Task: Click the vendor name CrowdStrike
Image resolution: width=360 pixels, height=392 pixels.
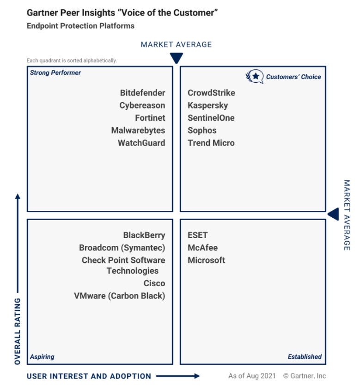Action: (x=211, y=93)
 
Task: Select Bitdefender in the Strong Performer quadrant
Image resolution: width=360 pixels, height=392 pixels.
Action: (x=142, y=93)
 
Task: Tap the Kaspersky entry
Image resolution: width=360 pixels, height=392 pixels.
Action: (x=208, y=105)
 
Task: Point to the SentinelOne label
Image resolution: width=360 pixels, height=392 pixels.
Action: (x=211, y=118)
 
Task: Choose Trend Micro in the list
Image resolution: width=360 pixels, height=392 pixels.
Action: (x=211, y=143)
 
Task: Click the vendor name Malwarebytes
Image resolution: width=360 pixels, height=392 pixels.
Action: (x=138, y=130)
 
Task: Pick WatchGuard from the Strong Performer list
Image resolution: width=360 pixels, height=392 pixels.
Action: (x=141, y=143)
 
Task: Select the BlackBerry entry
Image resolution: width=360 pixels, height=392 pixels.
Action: (x=144, y=235)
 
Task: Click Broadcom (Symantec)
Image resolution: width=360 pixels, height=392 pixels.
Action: (x=122, y=248)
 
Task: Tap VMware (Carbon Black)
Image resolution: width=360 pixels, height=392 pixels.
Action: (x=120, y=296)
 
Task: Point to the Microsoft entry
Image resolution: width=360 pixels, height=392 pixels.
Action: (x=206, y=260)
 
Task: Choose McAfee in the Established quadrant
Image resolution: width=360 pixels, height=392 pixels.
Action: (x=202, y=247)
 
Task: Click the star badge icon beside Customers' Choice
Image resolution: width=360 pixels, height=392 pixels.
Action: (x=255, y=76)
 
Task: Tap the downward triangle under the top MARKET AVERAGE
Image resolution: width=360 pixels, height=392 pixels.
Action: (x=176, y=58)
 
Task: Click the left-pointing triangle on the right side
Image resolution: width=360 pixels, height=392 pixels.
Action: (x=334, y=214)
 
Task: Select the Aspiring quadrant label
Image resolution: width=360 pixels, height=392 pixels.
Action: (x=42, y=357)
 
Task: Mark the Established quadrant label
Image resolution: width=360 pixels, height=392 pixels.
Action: (x=305, y=357)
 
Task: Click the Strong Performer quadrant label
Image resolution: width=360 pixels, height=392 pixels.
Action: (x=55, y=73)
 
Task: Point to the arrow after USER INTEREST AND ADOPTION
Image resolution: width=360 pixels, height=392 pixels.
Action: (x=178, y=376)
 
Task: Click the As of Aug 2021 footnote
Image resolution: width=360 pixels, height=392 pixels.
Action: (x=252, y=376)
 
